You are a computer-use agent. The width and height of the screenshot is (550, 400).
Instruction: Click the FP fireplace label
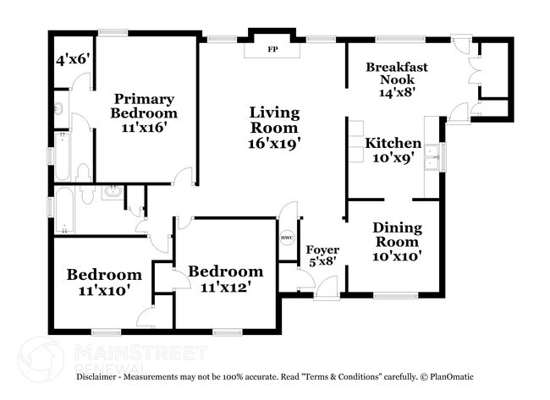[x=272, y=49]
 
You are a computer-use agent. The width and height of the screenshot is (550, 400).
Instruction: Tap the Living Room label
[x=273, y=120]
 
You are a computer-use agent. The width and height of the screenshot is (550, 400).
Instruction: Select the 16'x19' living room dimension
[x=273, y=143]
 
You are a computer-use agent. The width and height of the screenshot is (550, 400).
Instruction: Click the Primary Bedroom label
[x=146, y=106]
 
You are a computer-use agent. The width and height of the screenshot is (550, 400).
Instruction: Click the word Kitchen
[x=393, y=143]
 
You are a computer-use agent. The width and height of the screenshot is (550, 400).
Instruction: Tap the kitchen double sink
[x=432, y=158]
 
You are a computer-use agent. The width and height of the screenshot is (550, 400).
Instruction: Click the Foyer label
[x=322, y=250]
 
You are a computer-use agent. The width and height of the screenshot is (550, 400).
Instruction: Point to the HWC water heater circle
[x=287, y=238]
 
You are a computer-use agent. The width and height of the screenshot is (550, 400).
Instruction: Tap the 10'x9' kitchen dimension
[x=393, y=157]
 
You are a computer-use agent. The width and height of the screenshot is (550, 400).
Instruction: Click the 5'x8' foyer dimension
[x=322, y=262]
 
